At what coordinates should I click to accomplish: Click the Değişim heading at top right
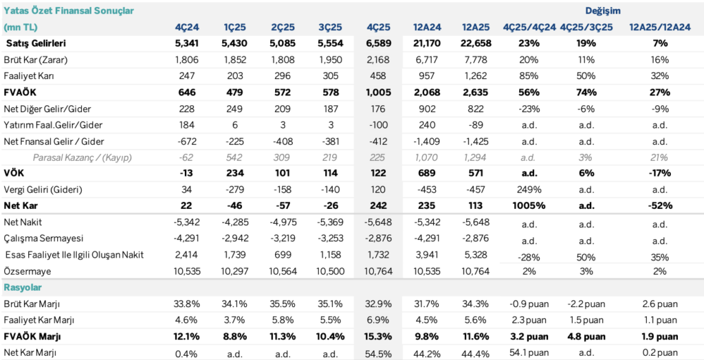click(602, 11)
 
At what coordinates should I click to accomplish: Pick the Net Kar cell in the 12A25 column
click(475, 206)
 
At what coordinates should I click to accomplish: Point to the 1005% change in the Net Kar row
click(529, 206)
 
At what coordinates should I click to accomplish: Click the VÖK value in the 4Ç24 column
click(189, 173)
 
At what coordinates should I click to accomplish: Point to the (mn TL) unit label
click(23, 27)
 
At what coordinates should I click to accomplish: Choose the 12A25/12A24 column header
click(660, 27)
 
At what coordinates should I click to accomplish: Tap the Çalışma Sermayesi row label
click(43, 238)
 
